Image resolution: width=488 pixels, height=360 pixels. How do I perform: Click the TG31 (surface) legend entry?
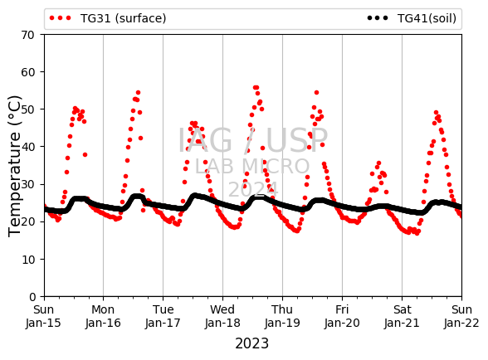(108, 18)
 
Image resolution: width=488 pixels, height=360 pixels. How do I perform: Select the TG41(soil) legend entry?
(412, 18)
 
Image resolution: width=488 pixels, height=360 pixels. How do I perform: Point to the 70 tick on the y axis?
(27, 35)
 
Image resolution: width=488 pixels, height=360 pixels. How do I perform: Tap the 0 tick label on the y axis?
(32, 297)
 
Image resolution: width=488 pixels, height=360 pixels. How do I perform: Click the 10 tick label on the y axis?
(27, 260)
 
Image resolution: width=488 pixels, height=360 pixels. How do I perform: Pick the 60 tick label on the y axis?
(27, 72)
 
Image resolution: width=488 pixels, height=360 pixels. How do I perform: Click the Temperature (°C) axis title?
(14, 166)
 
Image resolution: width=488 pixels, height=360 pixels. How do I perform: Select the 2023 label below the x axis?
(251, 343)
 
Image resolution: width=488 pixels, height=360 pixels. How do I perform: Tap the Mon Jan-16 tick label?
(103, 316)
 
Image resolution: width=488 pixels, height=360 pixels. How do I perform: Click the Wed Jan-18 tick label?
(222, 316)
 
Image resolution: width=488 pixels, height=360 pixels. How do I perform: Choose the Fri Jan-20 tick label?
(342, 316)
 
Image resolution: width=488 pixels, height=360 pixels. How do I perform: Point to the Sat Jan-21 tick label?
(402, 316)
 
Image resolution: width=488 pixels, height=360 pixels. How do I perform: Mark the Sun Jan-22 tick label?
(461, 316)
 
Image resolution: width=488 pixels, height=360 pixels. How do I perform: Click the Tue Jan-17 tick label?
(163, 316)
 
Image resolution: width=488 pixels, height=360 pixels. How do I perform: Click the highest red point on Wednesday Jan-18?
(256, 88)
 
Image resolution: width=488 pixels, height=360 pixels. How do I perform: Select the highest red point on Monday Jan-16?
(138, 92)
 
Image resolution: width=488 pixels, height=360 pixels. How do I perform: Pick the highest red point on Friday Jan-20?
(378, 163)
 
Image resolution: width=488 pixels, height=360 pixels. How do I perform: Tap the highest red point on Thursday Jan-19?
(316, 92)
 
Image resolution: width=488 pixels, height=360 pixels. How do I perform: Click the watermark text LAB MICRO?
(252, 167)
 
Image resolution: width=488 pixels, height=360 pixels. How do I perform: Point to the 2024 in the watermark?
(253, 189)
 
